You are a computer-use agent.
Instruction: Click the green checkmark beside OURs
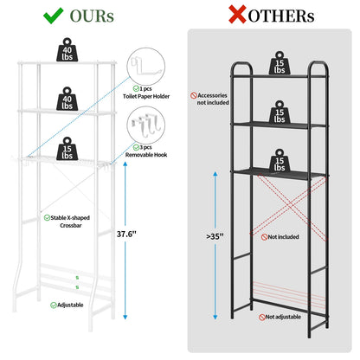[x=54, y=16]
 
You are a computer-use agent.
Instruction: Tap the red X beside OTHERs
[x=237, y=15]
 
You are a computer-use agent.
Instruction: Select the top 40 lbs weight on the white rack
[x=67, y=49]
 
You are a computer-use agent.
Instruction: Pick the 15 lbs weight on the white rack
[x=67, y=149]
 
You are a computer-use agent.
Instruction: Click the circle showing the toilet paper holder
[x=146, y=67]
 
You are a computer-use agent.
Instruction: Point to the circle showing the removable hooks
[x=146, y=125]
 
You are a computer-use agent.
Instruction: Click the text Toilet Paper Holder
[x=146, y=96]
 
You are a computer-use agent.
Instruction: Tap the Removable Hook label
[x=146, y=155]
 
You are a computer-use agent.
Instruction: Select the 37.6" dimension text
[x=126, y=234]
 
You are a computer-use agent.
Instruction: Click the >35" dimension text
[x=215, y=236]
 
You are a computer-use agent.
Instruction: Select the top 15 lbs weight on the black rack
[x=280, y=63]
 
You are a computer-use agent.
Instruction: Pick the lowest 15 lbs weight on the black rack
[x=280, y=160]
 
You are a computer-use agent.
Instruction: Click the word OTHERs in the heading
[x=281, y=16]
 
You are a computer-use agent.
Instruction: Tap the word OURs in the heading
[x=92, y=16]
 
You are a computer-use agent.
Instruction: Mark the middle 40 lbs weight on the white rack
[x=67, y=99]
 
